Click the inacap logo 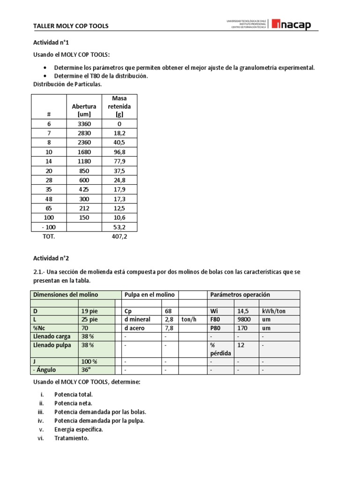pos(291,24)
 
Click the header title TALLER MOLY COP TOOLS pos(70,26)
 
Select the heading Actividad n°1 pos(51,42)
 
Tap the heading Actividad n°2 pos(51,258)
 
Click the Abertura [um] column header pos(84,110)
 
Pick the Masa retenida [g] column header pos(120,106)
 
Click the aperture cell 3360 pos(84,124)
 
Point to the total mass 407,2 pos(120,237)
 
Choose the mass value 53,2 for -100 pos(120,227)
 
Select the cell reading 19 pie pos(89,311)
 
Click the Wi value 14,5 pos(242,311)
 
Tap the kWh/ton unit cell pos(274,311)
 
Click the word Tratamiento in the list pos(71,438)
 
